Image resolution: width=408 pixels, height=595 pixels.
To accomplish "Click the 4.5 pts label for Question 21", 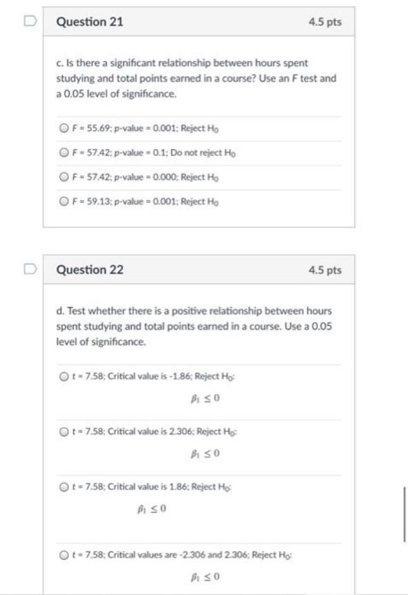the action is (325, 22).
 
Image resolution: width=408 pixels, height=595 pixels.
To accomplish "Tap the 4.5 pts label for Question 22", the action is (325, 271).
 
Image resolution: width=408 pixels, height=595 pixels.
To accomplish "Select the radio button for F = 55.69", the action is (63, 128).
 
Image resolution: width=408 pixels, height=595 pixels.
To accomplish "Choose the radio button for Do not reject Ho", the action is (63, 153).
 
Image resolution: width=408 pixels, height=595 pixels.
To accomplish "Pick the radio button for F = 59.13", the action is (63, 201).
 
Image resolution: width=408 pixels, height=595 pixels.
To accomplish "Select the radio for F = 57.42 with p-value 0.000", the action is (63, 177).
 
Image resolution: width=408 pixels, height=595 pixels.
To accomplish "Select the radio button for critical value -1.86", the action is (63, 377).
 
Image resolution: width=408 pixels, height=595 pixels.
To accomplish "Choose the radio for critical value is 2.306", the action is (63, 432).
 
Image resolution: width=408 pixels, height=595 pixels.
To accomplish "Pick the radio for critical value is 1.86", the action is (63, 487).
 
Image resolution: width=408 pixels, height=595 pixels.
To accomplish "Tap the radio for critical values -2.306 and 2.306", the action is (63, 554).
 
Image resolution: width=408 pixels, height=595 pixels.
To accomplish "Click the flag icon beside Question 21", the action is (30, 21).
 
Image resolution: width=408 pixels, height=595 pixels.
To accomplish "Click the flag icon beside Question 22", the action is (30, 269).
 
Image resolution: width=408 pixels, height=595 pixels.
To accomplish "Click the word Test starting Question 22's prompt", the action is (76, 312).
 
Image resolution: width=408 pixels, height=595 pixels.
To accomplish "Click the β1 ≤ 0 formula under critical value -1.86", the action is (205, 398).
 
